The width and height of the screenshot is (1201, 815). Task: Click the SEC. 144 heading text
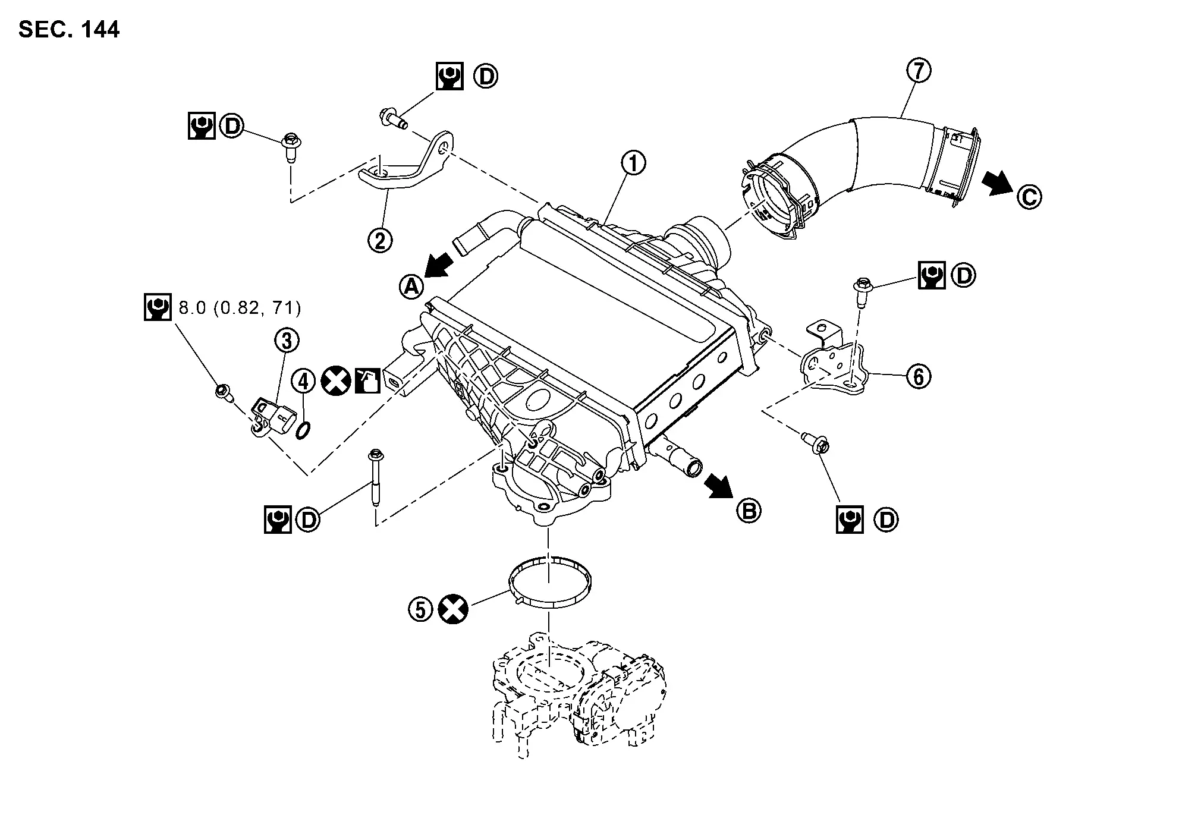click(x=69, y=29)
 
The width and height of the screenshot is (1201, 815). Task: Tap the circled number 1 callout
click(x=633, y=162)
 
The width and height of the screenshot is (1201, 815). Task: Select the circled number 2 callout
click(x=380, y=240)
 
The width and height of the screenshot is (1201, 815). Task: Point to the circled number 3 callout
click(x=287, y=341)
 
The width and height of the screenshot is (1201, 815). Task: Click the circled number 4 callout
click(x=303, y=381)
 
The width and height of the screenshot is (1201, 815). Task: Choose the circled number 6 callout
click(x=919, y=376)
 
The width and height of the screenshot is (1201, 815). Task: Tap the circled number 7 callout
click(x=919, y=71)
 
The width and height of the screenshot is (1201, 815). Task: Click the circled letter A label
click(x=411, y=287)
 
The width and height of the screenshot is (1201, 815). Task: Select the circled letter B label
click(x=749, y=510)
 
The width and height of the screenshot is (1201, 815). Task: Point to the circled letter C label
click(x=1029, y=197)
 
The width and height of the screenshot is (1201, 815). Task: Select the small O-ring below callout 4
click(x=303, y=430)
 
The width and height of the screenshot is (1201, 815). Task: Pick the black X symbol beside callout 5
click(x=453, y=609)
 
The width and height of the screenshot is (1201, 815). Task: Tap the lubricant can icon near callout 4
click(x=367, y=381)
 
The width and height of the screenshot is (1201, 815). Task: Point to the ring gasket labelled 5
click(x=551, y=582)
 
